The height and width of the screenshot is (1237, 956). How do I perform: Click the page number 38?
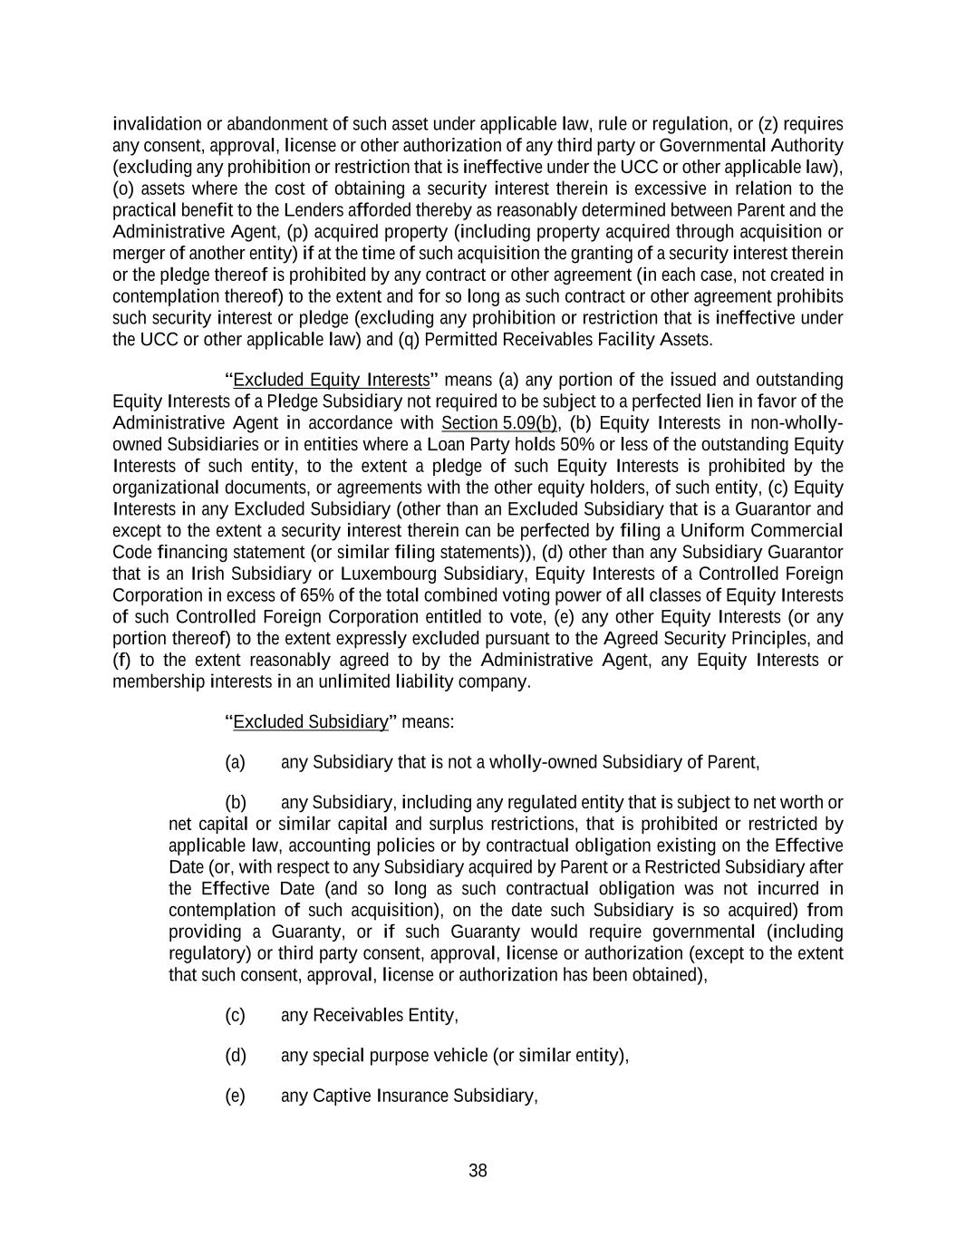click(478, 1170)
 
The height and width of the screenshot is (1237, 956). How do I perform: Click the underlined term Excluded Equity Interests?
click(331, 379)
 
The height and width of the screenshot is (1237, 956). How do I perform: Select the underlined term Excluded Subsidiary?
click(311, 721)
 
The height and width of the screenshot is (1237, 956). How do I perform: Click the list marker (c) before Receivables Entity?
click(235, 1015)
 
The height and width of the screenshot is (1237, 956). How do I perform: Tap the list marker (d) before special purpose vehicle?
click(235, 1055)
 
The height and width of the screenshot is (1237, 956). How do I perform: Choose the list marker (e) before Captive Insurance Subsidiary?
click(235, 1096)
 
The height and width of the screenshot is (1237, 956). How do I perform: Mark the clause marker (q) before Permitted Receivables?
click(409, 340)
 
